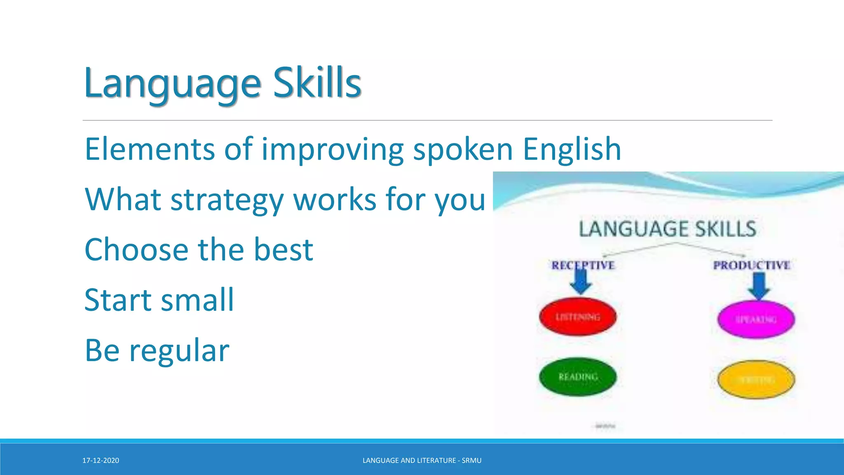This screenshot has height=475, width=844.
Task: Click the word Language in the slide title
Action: point(172,85)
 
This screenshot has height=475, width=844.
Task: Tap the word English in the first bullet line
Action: point(572,149)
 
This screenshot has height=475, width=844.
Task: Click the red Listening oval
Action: point(578,317)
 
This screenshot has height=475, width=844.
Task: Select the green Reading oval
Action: point(578,376)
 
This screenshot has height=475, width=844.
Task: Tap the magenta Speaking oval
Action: point(756,319)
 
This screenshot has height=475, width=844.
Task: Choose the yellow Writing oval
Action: point(756,379)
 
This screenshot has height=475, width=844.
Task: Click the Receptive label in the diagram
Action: point(583,265)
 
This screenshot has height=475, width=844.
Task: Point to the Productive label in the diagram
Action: point(752,265)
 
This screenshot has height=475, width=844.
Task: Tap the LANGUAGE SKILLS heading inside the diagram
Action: point(668,229)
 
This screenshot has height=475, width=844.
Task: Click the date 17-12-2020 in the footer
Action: point(101,461)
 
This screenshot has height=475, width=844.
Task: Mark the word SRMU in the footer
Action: point(471,461)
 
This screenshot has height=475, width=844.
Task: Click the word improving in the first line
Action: point(333,149)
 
